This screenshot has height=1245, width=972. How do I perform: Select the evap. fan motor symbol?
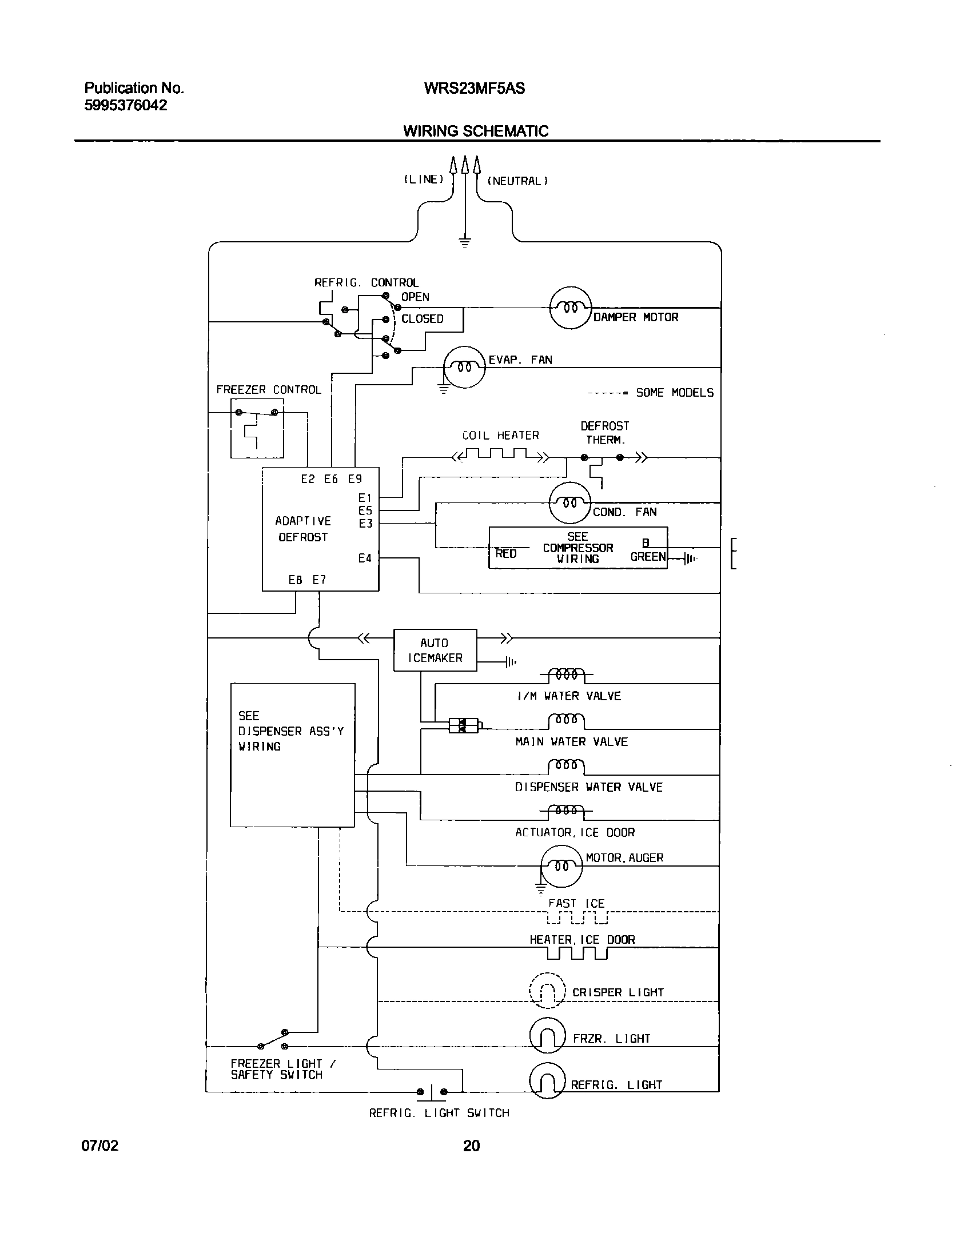(x=464, y=367)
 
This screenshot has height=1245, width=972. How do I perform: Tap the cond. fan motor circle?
(x=569, y=503)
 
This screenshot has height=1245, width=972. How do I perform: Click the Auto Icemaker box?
(x=435, y=650)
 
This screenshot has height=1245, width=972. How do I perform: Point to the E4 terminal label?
(x=365, y=558)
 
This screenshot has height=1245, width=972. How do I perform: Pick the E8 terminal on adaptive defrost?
(x=295, y=580)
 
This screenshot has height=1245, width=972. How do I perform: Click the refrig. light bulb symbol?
(x=547, y=1080)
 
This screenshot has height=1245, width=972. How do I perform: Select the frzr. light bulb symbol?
(x=547, y=1035)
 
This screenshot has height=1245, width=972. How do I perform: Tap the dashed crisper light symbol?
(x=547, y=990)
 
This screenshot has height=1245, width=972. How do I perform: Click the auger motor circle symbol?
(x=561, y=865)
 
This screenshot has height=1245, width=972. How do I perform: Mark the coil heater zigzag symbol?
(x=501, y=456)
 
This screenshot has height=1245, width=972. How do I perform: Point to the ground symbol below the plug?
(x=465, y=242)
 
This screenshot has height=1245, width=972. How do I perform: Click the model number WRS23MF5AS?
(x=474, y=89)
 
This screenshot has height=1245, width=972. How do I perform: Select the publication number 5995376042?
(x=126, y=106)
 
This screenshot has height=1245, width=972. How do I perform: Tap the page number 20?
(x=471, y=1146)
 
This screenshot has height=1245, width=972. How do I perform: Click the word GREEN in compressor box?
(x=648, y=557)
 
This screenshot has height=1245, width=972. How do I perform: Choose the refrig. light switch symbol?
(x=432, y=1091)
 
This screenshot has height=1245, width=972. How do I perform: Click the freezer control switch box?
(x=257, y=428)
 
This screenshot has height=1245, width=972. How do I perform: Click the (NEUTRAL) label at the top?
(x=517, y=181)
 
